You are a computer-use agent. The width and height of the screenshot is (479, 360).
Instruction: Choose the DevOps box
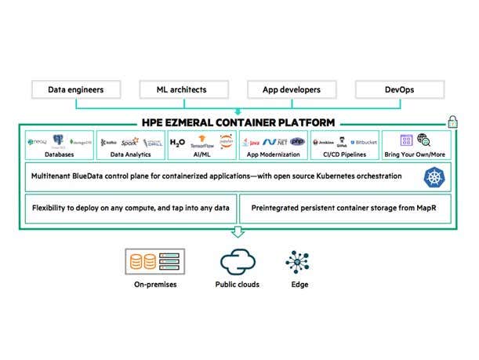click(401, 89)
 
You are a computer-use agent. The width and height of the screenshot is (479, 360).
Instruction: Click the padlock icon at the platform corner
click(452, 122)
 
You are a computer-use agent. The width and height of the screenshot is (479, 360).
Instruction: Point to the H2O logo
click(178, 142)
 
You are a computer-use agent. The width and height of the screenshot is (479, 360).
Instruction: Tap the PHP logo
click(297, 141)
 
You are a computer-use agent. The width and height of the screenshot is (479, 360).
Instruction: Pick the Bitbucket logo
click(365, 142)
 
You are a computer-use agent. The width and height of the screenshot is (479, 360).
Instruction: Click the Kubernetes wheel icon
click(433, 177)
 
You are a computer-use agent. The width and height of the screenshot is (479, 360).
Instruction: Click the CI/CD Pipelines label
click(346, 156)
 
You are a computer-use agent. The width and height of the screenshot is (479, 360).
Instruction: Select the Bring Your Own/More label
click(415, 156)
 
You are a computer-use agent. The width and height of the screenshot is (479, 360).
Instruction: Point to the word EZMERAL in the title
click(213, 122)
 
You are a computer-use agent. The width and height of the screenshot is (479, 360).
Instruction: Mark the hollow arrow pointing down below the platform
click(238, 231)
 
